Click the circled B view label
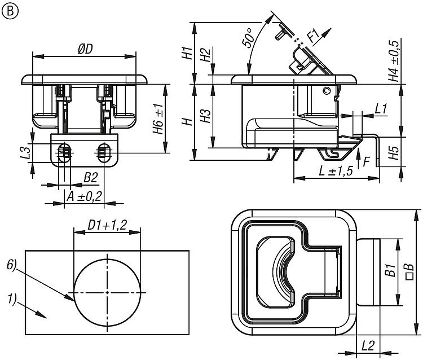pyautogui.click(x=9, y=11)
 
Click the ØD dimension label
pyautogui.click(x=85, y=49)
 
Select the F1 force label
pyautogui.click(x=314, y=37)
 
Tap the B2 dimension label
pyautogui.click(x=91, y=178)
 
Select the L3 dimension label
pyautogui.click(x=24, y=152)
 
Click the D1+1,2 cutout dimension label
pyautogui.click(x=107, y=225)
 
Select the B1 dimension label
pyautogui.click(x=389, y=270)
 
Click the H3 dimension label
pyautogui.click(x=206, y=115)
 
